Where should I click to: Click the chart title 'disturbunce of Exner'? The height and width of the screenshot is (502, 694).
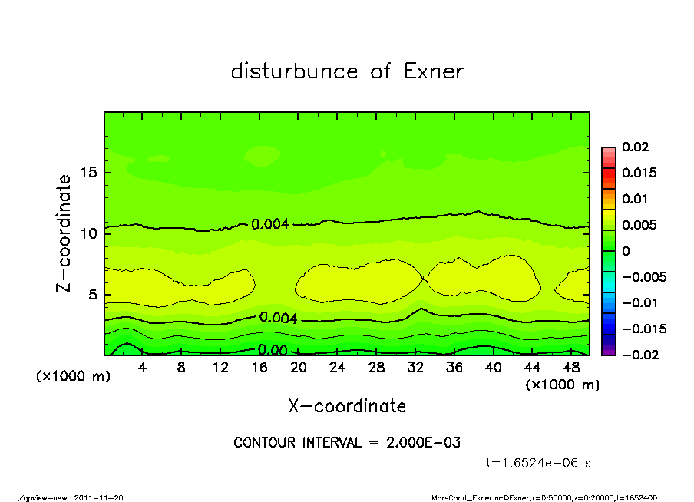[347, 71]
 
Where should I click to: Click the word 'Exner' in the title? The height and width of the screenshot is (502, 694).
[433, 71]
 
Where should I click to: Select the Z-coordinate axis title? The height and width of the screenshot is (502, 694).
[64, 233]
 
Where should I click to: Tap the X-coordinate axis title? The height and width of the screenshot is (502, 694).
[347, 406]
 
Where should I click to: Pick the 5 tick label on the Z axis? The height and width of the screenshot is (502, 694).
[92, 294]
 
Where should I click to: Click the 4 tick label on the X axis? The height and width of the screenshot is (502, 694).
[143, 368]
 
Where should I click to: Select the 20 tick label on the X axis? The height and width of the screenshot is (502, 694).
[299, 368]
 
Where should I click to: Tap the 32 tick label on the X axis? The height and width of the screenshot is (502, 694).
[416, 368]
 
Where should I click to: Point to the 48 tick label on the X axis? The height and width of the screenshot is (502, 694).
[572, 368]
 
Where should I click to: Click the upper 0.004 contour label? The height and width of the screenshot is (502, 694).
[270, 224]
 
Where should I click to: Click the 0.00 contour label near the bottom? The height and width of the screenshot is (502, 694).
[273, 350]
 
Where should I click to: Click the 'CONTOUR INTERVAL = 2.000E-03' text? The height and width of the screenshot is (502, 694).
[347, 443]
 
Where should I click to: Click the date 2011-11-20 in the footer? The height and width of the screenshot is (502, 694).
[98, 497]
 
